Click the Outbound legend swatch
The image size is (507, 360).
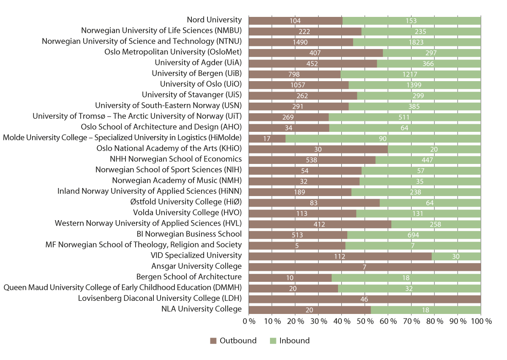click(213, 341)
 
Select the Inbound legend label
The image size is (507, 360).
click(294, 341)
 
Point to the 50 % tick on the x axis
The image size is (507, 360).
click(365, 321)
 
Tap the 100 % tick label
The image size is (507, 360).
click(481, 321)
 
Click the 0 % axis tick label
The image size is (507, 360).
click(249, 321)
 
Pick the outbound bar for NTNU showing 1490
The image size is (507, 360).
click(301, 42)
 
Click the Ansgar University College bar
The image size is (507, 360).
click(365, 267)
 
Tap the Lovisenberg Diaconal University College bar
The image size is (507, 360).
click(365, 299)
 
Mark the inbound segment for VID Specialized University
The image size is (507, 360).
click(456, 256)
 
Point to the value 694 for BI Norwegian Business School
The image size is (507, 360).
click(414, 235)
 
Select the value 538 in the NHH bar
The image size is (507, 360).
click(312, 160)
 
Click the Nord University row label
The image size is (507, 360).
click(214, 20)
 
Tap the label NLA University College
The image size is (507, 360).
click(202, 309)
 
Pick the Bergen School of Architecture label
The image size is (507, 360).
click(189, 277)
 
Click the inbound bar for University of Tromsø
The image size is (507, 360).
click(405, 117)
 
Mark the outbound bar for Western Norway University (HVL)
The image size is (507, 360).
click(320, 224)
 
